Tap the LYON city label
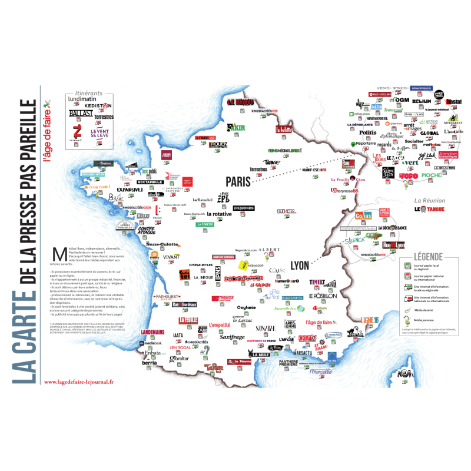300,266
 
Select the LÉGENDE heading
422,257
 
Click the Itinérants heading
89,92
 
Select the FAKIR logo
237,128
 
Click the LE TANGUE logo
429,209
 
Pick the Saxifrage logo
232,337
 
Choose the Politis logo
368,132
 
